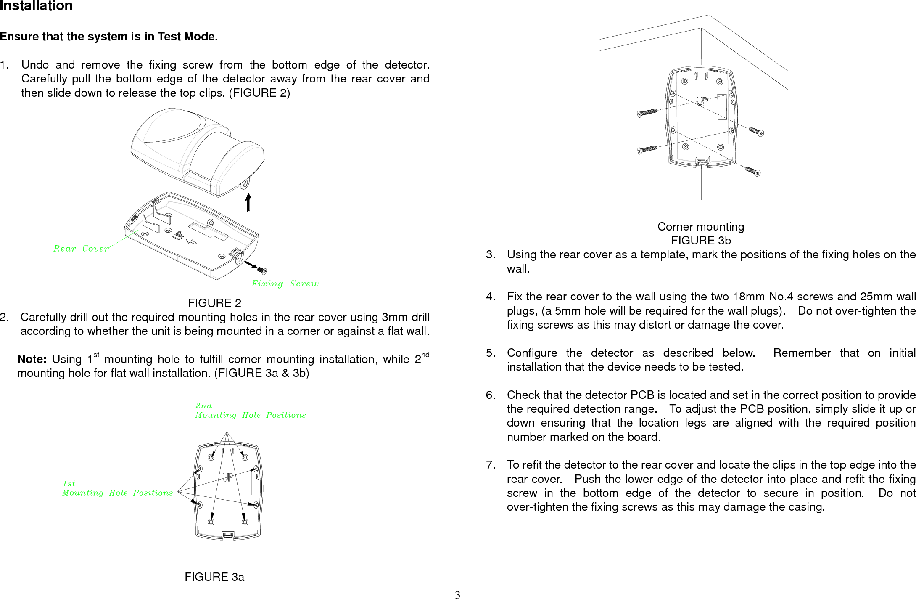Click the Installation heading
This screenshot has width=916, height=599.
click(x=36, y=6)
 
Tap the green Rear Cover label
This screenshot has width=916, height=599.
click(x=81, y=249)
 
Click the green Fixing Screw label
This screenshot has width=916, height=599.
click(x=285, y=284)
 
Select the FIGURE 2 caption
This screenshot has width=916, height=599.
click(x=214, y=303)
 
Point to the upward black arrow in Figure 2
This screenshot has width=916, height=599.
click(x=248, y=202)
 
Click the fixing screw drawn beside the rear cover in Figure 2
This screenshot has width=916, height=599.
click(x=262, y=270)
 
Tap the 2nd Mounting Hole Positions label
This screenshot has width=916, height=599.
click(x=250, y=411)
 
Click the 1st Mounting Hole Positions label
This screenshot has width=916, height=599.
click(x=117, y=488)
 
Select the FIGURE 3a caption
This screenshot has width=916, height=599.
click(x=214, y=577)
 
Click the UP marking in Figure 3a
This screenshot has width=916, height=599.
click(x=228, y=477)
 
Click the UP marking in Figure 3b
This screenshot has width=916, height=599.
click(x=702, y=101)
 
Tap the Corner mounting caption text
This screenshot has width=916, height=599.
click(x=701, y=227)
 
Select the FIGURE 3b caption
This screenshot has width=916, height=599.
click(x=701, y=241)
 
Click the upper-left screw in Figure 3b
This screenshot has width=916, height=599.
click(x=647, y=112)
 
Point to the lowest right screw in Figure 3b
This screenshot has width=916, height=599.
click(x=753, y=172)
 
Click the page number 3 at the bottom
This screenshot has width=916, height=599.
click(x=458, y=594)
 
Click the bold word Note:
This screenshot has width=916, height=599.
click(x=32, y=359)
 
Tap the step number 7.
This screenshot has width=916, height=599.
click(x=491, y=465)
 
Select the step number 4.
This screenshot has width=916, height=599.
click(x=491, y=297)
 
